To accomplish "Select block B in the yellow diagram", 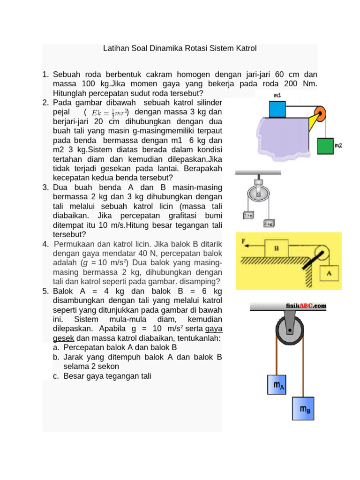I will (277, 248).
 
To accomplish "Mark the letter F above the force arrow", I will (243, 241).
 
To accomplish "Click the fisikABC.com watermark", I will (306, 306).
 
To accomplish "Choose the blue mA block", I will (279, 386).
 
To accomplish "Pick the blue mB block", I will (305, 409).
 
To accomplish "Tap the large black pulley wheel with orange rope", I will (290, 332).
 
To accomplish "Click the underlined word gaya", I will (213, 329).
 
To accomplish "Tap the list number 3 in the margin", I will (45, 187).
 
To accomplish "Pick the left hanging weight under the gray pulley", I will (248, 215).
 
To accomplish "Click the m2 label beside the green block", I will (338, 146).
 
